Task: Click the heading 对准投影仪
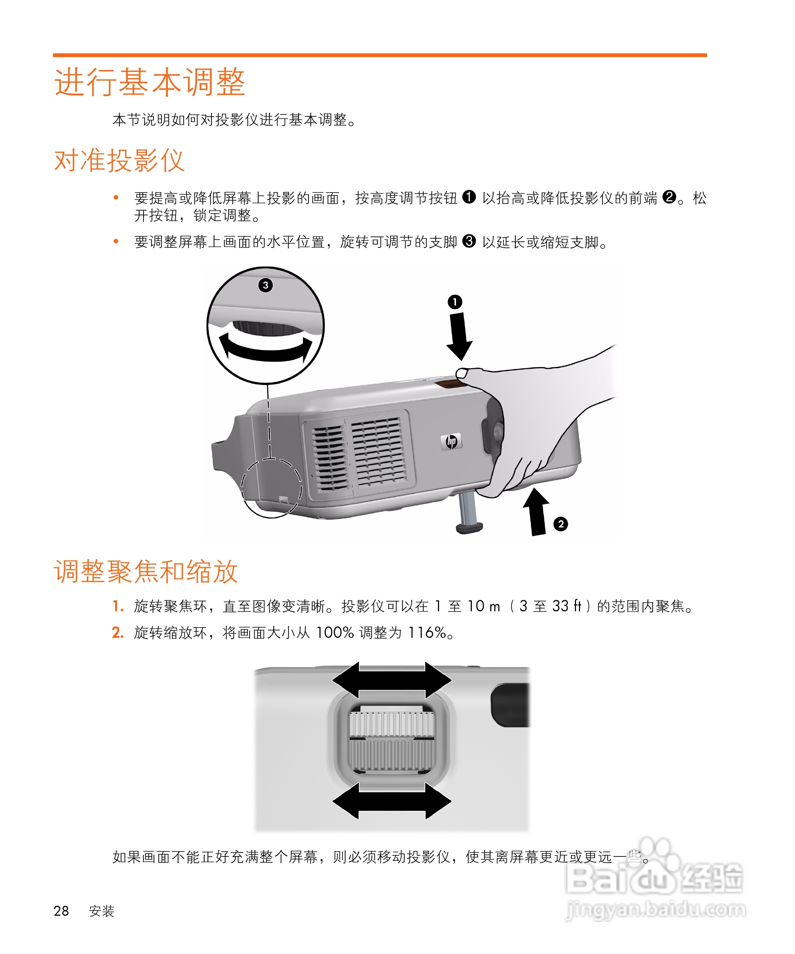[119, 160]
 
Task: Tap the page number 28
[61, 911]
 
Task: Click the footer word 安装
[101, 911]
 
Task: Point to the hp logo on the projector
[451, 441]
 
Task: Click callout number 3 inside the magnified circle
[266, 285]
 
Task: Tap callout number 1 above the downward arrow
[455, 302]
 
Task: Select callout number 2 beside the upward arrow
[561, 524]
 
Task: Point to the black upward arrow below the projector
[537, 512]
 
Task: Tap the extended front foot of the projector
[469, 514]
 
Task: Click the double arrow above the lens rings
[392, 680]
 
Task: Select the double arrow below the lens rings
[392, 801]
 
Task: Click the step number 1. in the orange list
[118, 607]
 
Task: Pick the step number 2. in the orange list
[118, 633]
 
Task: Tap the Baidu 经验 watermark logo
[654, 879]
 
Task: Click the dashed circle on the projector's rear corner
[271, 488]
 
